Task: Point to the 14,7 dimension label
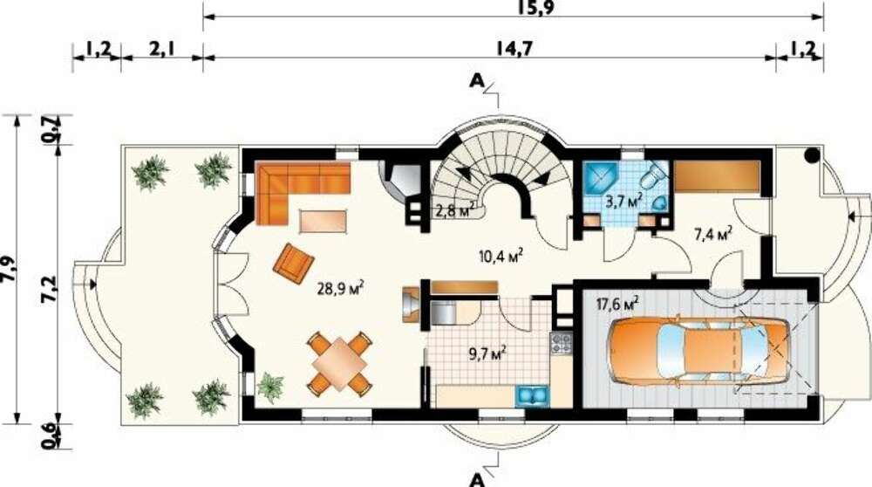coord(514,48)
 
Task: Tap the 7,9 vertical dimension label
coord(10,269)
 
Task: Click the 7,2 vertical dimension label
coord(50,289)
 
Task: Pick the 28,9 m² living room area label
coord(341,289)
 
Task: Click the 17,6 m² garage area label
coord(617,305)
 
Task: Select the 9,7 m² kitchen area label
coord(487,353)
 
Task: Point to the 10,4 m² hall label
coord(501,256)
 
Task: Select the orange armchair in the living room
coord(293,260)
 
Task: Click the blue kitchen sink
coord(534,395)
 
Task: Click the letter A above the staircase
coord(477,82)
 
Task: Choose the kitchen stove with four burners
coord(561,342)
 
